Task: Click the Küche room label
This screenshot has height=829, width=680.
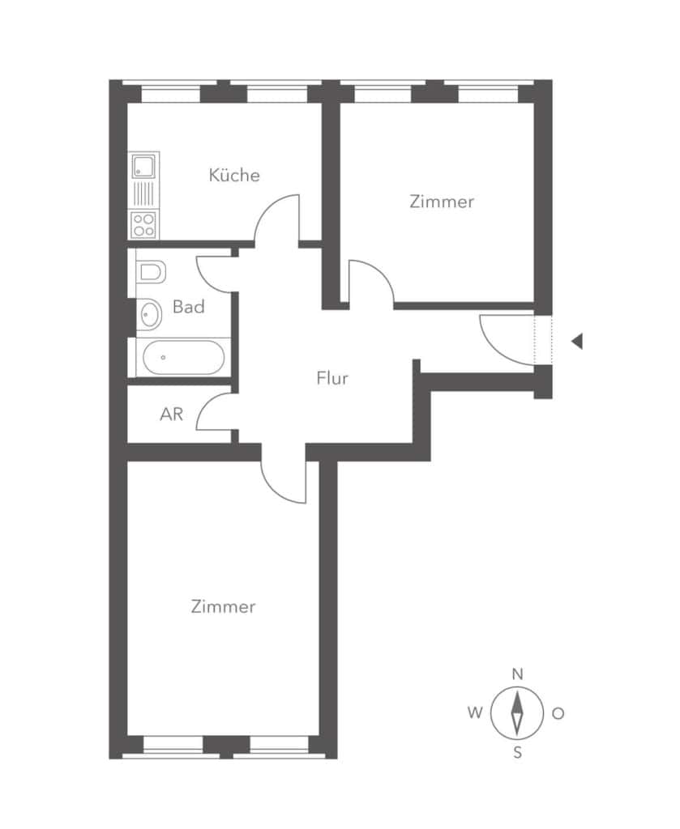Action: click(x=234, y=175)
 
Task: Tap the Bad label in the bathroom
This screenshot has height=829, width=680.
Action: click(x=188, y=307)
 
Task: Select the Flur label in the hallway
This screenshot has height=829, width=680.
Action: click(x=332, y=378)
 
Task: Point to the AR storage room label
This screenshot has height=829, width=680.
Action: click(x=172, y=414)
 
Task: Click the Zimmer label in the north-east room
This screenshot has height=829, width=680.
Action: click(x=442, y=202)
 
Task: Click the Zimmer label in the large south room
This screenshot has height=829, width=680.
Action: click(x=224, y=606)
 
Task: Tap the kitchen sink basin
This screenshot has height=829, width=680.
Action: click(x=143, y=166)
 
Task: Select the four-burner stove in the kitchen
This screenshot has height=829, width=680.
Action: click(x=143, y=224)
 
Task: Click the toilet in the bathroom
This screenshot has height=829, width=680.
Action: click(x=151, y=272)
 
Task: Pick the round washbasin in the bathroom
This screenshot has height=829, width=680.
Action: click(x=150, y=314)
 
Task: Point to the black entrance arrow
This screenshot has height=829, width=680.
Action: click(x=577, y=342)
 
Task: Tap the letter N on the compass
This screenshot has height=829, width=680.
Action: click(x=518, y=674)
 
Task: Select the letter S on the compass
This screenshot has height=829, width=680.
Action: click(x=518, y=752)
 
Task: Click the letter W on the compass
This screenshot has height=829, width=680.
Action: click(x=475, y=712)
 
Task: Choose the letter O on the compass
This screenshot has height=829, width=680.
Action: click(x=558, y=713)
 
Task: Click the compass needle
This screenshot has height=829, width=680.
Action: click(x=517, y=712)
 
